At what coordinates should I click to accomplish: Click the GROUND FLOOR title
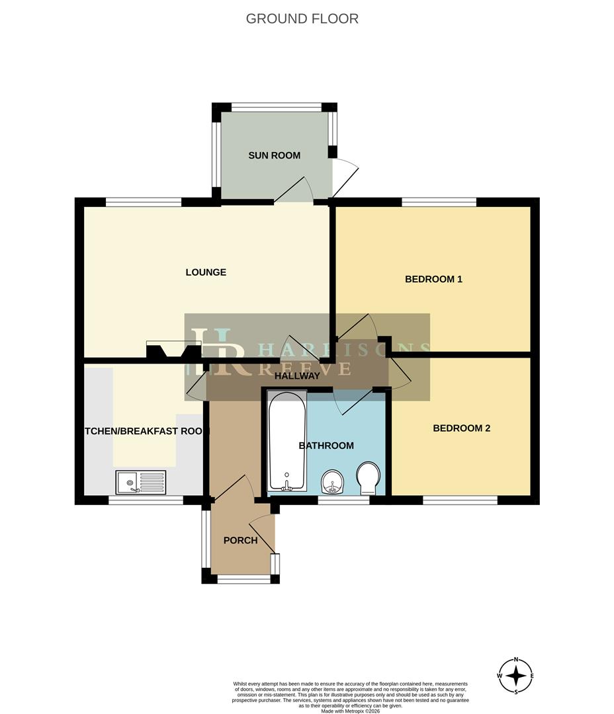(x=302, y=19)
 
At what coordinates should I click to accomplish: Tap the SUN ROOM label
(x=274, y=156)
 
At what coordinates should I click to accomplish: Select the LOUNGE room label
(x=206, y=272)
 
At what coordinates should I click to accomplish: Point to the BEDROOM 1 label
(x=433, y=279)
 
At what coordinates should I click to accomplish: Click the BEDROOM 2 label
(x=461, y=428)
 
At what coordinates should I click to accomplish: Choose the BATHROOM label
(x=326, y=446)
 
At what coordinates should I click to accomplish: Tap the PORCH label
(x=240, y=540)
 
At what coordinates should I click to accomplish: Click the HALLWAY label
(x=298, y=376)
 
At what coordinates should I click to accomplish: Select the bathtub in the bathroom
(x=287, y=441)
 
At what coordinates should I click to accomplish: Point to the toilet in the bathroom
(x=368, y=479)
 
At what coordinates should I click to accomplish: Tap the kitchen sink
(x=141, y=482)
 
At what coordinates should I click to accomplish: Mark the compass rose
(x=516, y=676)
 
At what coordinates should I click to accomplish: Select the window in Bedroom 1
(x=439, y=202)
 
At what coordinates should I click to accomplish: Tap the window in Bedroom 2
(x=460, y=500)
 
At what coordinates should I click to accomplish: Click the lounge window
(x=144, y=202)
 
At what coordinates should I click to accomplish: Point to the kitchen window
(x=146, y=500)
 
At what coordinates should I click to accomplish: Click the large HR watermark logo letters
(x=218, y=353)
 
